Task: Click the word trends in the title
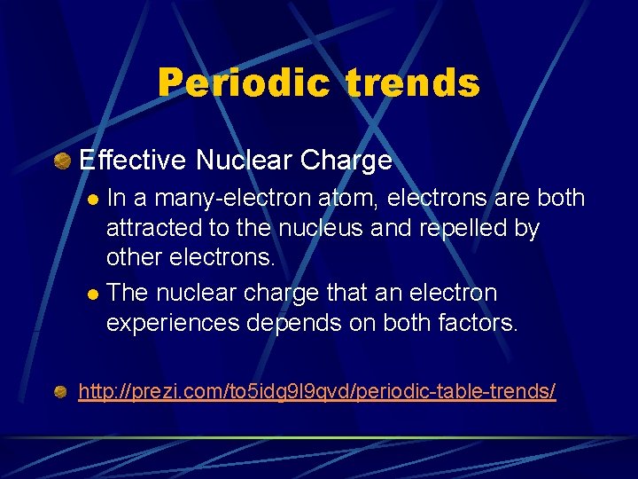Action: (x=414, y=83)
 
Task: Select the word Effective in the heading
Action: (x=133, y=161)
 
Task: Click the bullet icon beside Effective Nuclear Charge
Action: (x=62, y=161)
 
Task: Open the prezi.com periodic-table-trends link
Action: (x=317, y=391)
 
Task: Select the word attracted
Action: (x=154, y=229)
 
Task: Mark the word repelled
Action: (x=450, y=229)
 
